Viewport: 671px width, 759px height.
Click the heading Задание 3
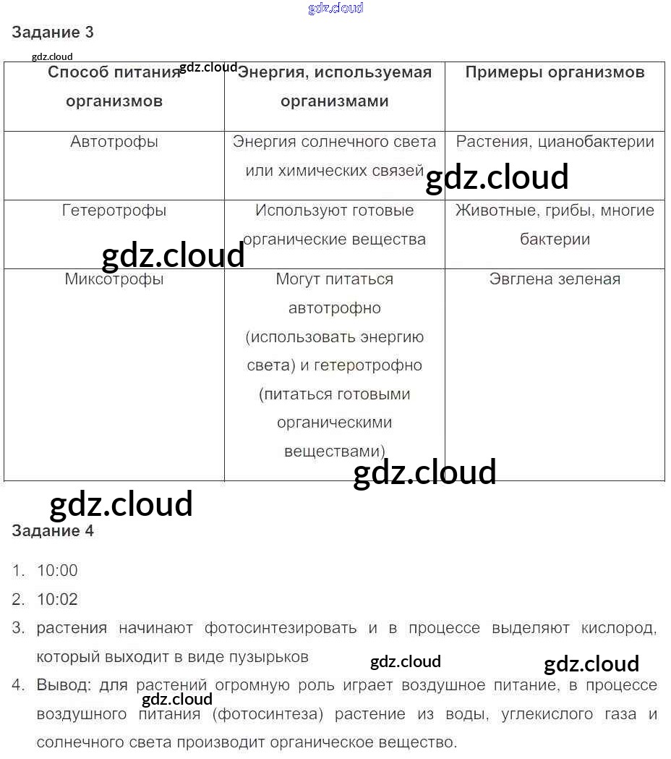pyautogui.click(x=53, y=33)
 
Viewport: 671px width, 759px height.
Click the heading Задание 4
pyautogui.click(x=53, y=531)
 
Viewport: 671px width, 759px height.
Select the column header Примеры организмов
pyautogui.click(x=555, y=72)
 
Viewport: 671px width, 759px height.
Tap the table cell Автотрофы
pyautogui.click(x=114, y=142)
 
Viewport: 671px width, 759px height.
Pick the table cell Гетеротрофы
pyautogui.click(x=114, y=211)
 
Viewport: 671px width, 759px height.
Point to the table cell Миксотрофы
pyautogui.click(x=114, y=279)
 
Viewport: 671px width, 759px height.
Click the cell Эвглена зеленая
pyautogui.click(x=555, y=279)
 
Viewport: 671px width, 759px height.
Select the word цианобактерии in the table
pyautogui.click(x=596, y=142)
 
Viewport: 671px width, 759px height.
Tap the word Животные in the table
pyautogui.click(x=491, y=211)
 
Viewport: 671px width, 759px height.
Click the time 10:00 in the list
pyautogui.click(x=57, y=571)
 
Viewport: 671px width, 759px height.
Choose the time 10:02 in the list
pyautogui.click(x=57, y=600)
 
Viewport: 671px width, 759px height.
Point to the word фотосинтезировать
pyautogui.click(x=281, y=628)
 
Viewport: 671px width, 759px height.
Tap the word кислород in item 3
pyautogui.click(x=618, y=628)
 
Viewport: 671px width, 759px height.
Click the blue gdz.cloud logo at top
pyautogui.click(x=335, y=9)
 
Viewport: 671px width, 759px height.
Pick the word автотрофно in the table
pyautogui.click(x=334, y=308)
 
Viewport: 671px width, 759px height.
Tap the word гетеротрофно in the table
pyautogui.click(x=368, y=365)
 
